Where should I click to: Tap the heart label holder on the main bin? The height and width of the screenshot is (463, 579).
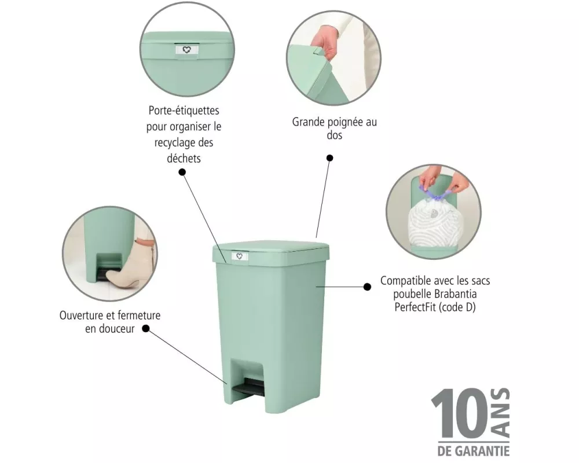[x=240, y=256]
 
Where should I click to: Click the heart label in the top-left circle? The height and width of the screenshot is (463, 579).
[x=187, y=50]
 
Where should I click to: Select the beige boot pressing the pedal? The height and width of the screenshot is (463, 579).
[x=129, y=264]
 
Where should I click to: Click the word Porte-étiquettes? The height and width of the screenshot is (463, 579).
[x=184, y=111]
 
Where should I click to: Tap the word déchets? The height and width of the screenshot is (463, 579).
[x=184, y=159]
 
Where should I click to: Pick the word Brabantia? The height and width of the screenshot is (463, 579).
[x=455, y=294]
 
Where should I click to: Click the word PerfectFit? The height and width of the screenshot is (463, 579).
[x=415, y=307]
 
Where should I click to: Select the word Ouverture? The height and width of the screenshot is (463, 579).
[x=81, y=315]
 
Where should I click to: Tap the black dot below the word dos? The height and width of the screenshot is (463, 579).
[x=330, y=158]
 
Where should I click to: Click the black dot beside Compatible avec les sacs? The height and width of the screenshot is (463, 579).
[x=368, y=287]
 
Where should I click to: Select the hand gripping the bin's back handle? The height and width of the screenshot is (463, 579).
[x=325, y=41]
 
